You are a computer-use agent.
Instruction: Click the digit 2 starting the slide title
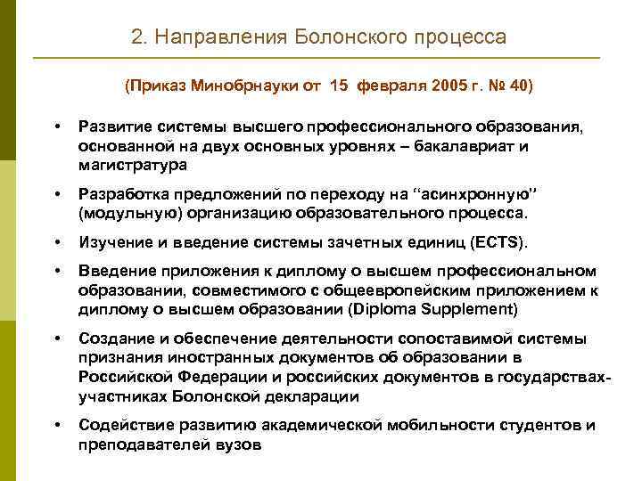click(x=136, y=37)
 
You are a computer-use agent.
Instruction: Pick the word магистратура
click(x=133, y=165)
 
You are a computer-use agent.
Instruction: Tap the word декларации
click(x=307, y=395)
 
